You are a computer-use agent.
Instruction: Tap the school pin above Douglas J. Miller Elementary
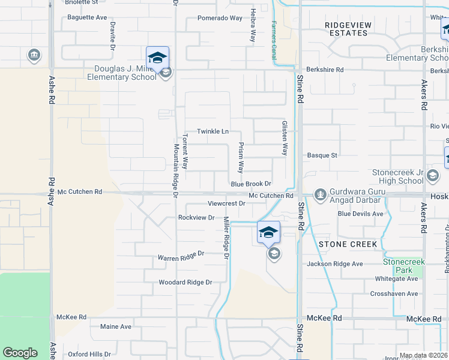(x=157, y=58)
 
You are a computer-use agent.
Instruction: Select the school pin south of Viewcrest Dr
(x=268, y=232)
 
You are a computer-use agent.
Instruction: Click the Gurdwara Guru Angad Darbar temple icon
(x=320, y=194)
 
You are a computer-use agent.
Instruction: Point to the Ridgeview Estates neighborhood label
(x=348, y=29)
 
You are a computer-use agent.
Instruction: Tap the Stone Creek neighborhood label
(x=348, y=244)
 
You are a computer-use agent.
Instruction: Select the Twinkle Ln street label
(x=213, y=131)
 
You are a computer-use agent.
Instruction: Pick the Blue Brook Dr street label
(x=252, y=184)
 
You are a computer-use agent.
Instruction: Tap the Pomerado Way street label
(x=220, y=18)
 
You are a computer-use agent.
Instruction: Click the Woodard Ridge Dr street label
(x=185, y=282)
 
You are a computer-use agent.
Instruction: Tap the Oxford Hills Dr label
(x=89, y=354)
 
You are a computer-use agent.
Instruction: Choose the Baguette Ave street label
(x=86, y=17)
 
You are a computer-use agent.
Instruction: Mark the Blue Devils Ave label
(x=360, y=214)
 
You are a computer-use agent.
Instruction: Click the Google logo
(x=20, y=353)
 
